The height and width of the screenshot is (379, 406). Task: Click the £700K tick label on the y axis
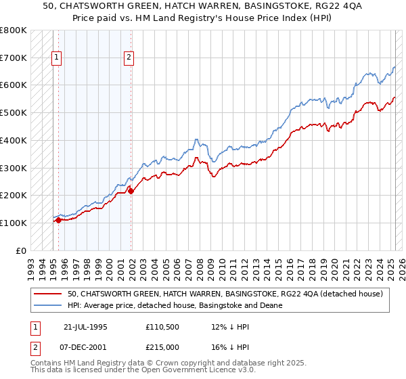(14, 58)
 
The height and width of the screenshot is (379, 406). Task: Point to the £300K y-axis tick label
(14, 168)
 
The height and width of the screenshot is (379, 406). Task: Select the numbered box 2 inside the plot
(129, 58)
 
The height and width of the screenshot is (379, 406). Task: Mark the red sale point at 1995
(59, 220)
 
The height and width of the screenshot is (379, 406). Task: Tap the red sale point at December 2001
(131, 191)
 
